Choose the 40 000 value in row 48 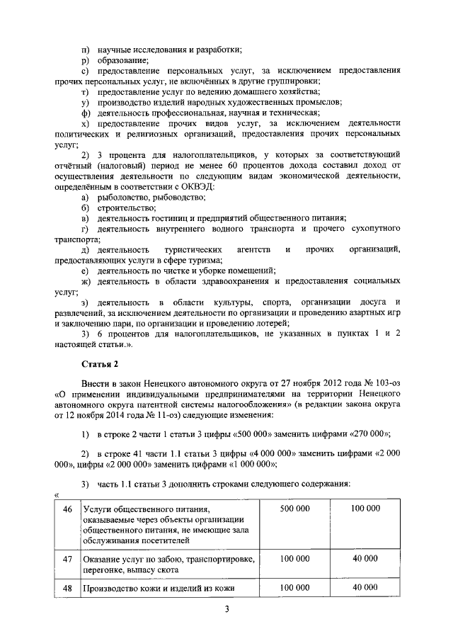tap(365, 587)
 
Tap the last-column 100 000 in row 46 tap(365, 509)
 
